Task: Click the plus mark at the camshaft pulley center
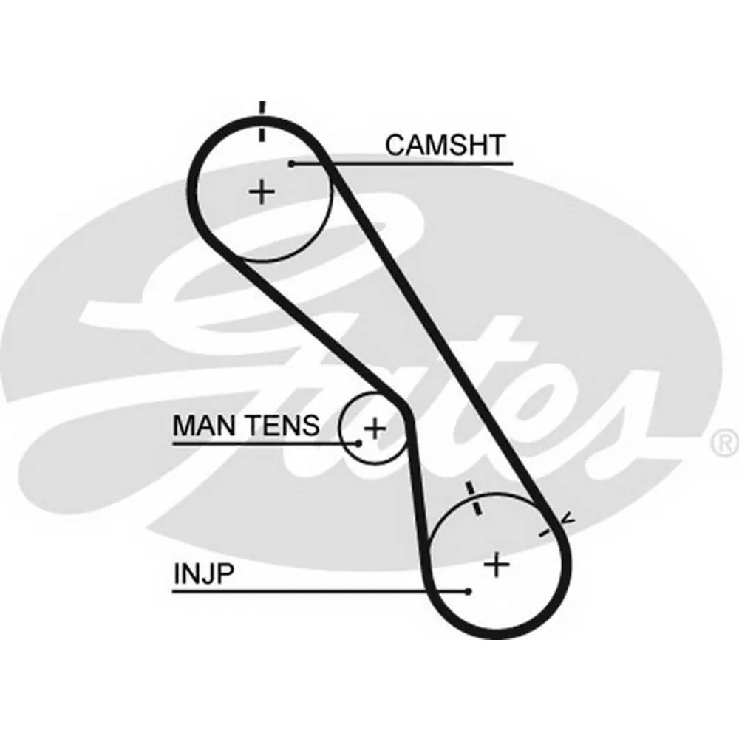(261, 193)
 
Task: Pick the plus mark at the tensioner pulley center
(375, 428)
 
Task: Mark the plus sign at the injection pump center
(497, 565)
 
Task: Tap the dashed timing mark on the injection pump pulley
(472, 500)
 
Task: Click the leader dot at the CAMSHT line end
(292, 163)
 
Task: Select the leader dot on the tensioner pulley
(358, 443)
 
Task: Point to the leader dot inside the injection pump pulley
(469, 590)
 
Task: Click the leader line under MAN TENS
(259, 443)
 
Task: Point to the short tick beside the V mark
(548, 530)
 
